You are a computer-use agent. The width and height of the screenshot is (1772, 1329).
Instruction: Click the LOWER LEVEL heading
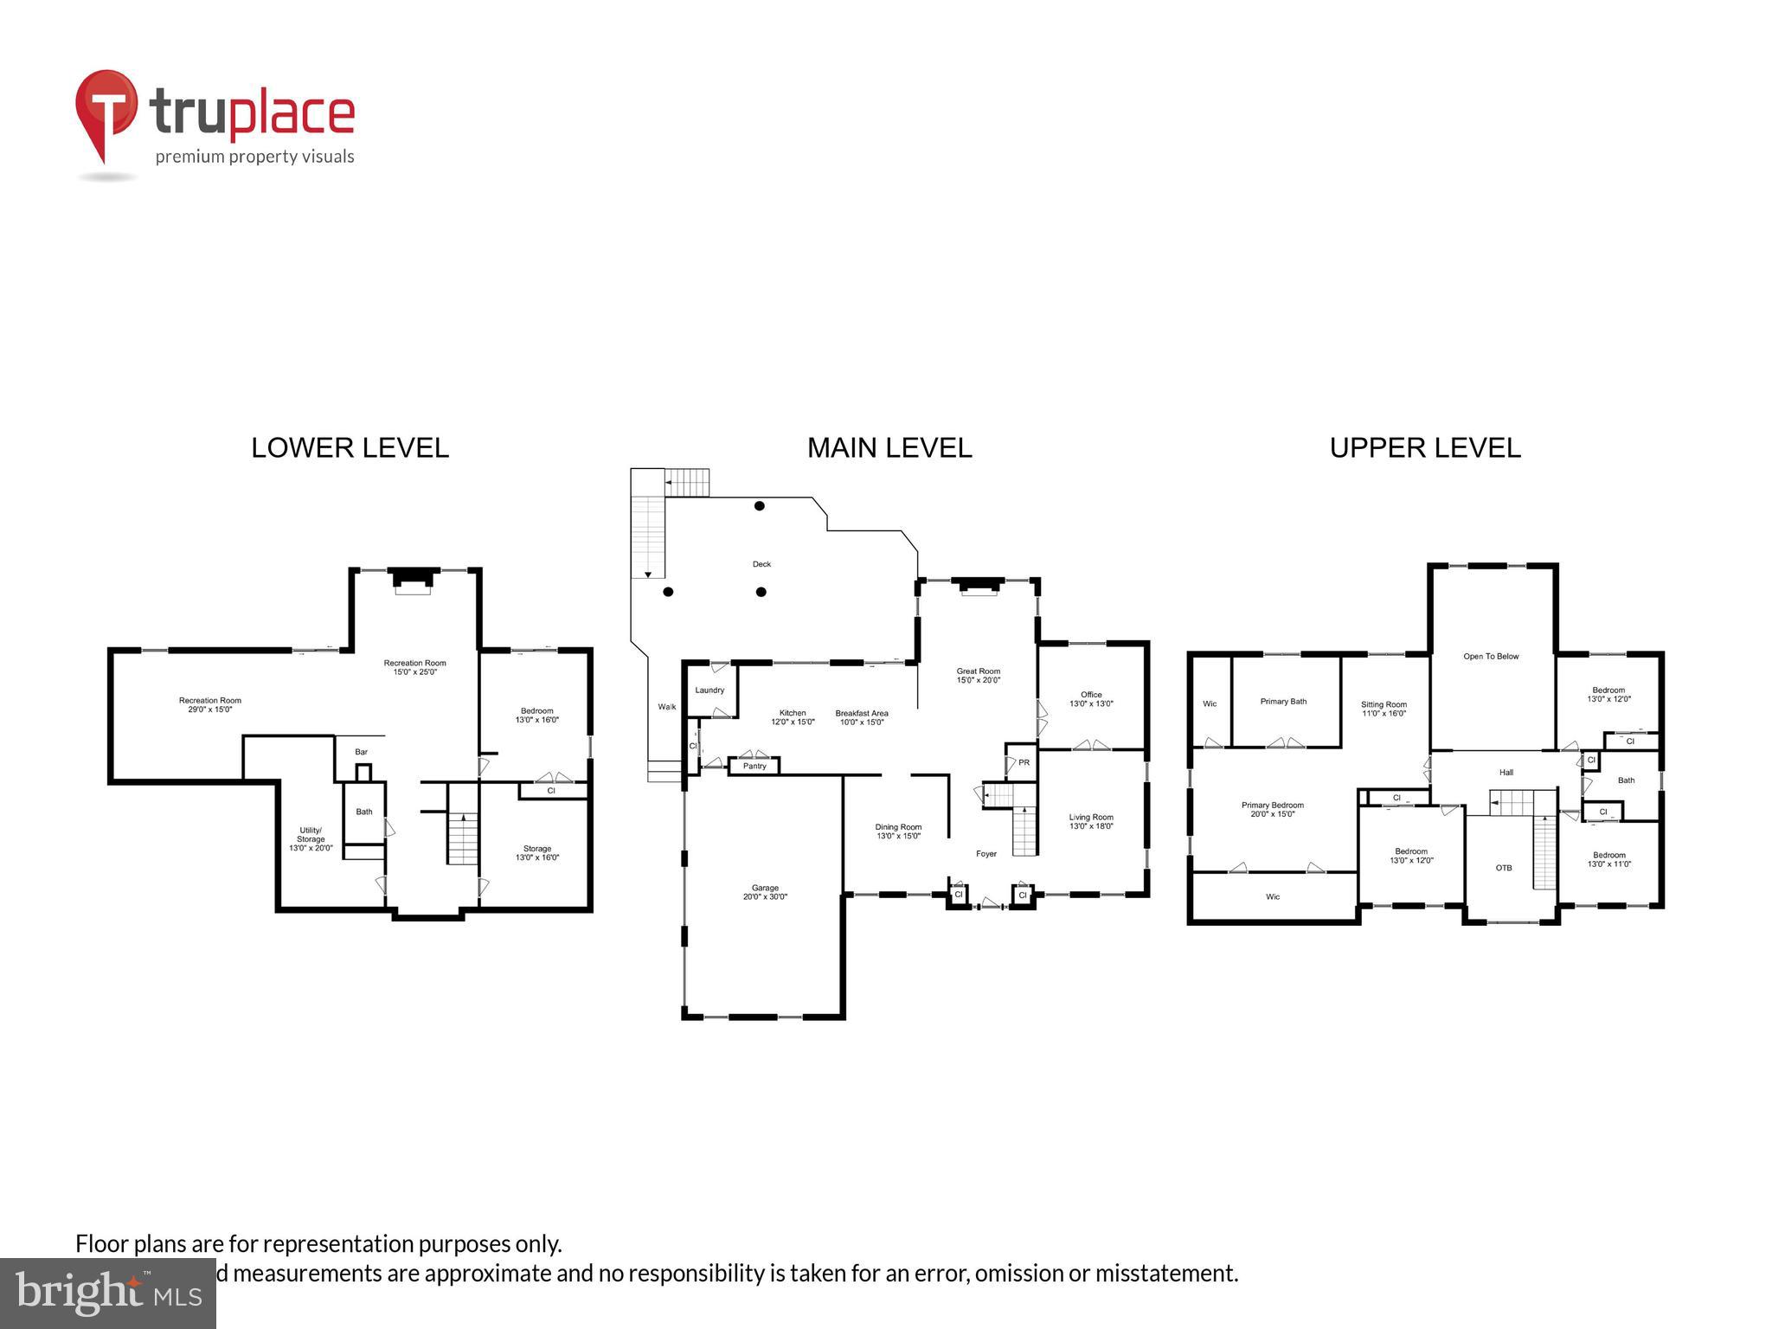click(x=350, y=448)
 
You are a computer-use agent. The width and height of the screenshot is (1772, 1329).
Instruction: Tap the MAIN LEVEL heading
click(x=889, y=448)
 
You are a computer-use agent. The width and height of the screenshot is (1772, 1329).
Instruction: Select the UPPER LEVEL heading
click(x=1424, y=448)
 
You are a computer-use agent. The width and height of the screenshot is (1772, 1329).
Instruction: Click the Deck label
click(x=761, y=564)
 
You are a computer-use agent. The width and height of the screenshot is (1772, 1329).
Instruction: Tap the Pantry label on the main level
click(x=754, y=766)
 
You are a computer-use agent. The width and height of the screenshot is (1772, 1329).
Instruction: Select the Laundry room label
click(x=709, y=690)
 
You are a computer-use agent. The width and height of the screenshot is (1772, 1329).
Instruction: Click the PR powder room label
click(x=1024, y=762)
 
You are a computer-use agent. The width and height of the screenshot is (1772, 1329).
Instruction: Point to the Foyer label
click(x=986, y=854)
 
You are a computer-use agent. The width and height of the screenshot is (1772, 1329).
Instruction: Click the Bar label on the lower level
click(x=362, y=752)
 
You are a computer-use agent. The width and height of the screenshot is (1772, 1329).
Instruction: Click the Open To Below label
click(x=1491, y=656)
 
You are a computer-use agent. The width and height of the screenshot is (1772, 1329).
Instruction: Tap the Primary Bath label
click(x=1283, y=701)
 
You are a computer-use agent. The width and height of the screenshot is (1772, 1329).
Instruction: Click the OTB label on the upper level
click(x=1504, y=867)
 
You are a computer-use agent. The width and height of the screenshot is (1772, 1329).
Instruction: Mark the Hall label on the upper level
click(x=1506, y=772)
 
